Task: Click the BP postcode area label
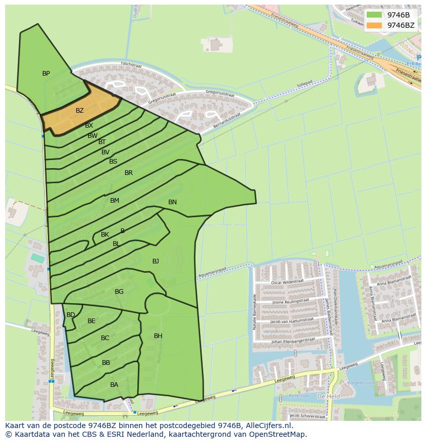pos(46,74)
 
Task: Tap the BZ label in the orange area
pos(80,111)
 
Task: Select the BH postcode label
pos(158,336)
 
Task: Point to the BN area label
pos(172,202)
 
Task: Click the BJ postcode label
pos(155,261)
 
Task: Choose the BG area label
pos(119,292)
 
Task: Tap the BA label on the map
pos(114,384)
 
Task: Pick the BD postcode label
pos(70,315)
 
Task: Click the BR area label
pos(129,173)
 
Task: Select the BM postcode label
pos(115,201)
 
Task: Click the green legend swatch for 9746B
pos(375,15)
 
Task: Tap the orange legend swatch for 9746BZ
pos(375,25)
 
